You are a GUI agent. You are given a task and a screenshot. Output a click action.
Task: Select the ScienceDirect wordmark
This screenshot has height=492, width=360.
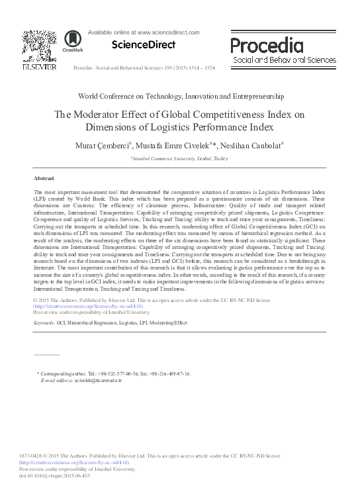tap(144, 45)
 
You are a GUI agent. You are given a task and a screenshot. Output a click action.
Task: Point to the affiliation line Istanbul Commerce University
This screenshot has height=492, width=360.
tap(181, 159)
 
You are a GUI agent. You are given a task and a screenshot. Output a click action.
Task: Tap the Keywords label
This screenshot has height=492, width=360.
tap(44, 323)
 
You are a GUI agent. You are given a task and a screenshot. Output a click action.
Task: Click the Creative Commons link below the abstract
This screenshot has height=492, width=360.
tap(87, 307)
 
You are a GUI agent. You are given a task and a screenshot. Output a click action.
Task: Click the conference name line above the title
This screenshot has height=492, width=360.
tap(180, 97)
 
